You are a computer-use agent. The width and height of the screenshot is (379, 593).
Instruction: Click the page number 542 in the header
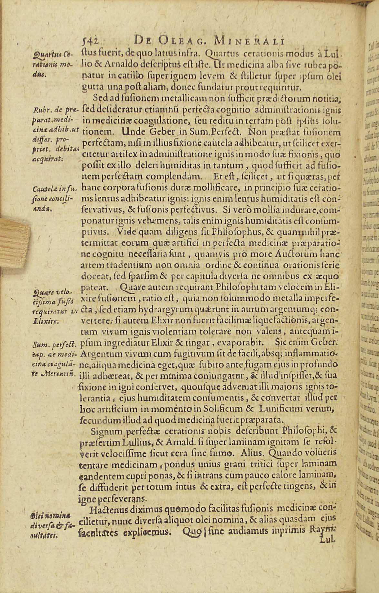click(x=90, y=40)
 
